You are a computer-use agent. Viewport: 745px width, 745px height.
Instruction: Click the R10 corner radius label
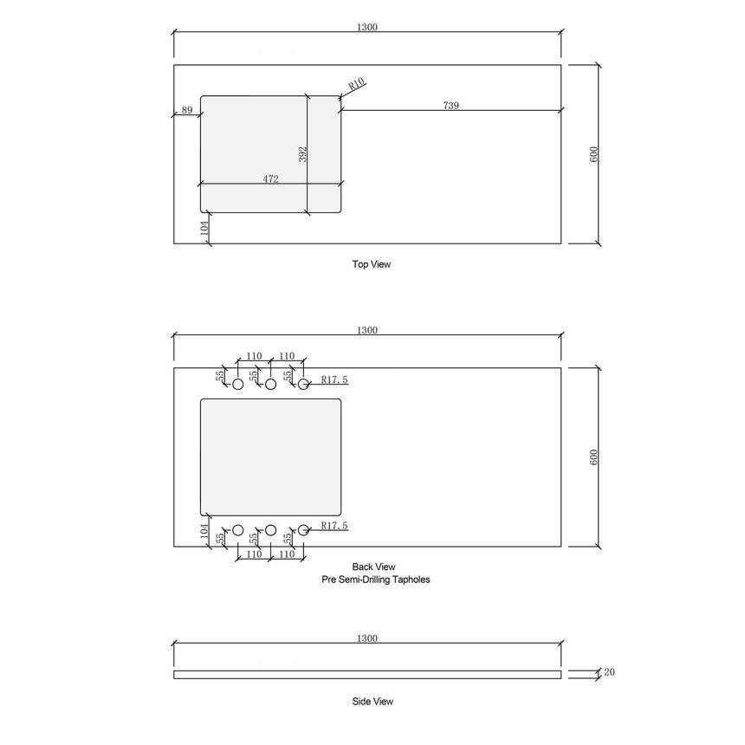click(x=356, y=85)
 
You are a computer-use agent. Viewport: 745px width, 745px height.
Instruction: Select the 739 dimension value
click(x=450, y=105)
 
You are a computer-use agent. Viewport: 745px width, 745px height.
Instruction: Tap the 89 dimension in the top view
click(x=186, y=110)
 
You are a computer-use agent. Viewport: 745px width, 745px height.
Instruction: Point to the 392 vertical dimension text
click(x=302, y=154)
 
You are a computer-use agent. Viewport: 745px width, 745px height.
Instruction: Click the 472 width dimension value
click(x=270, y=179)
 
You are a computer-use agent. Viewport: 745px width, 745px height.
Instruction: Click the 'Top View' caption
click(x=371, y=264)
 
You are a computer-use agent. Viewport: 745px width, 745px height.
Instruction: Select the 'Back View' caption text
click(x=374, y=567)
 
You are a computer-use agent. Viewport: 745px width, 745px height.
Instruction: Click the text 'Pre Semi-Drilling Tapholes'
click(x=374, y=580)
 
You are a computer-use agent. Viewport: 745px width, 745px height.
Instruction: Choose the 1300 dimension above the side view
click(x=366, y=638)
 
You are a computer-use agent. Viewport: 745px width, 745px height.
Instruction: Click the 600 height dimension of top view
click(x=594, y=153)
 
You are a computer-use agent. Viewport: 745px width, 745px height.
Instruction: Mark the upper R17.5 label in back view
click(x=334, y=379)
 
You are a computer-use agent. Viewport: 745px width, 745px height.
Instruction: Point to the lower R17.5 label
click(x=334, y=525)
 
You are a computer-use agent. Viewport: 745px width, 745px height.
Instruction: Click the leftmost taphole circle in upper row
click(x=238, y=384)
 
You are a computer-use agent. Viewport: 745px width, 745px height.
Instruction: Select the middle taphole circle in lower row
click(x=270, y=529)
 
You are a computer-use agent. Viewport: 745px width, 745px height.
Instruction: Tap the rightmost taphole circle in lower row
click(x=303, y=529)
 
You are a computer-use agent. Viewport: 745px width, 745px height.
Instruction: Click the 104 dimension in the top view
click(x=204, y=228)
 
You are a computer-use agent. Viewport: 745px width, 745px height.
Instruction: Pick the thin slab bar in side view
click(x=366, y=674)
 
